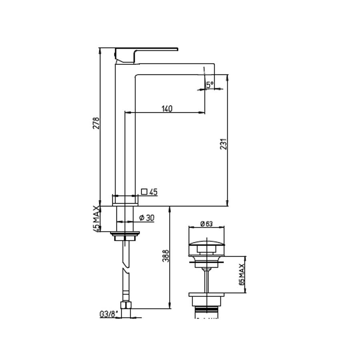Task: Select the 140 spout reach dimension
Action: [x=167, y=108]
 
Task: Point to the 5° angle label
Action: [x=210, y=85]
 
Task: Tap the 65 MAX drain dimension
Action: [x=242, y=274]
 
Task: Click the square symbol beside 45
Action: [x=144, y=192]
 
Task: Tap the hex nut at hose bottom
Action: [x=128, y=306]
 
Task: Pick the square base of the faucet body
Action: [x=125, y=200]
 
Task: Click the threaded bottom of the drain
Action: [x=208, y=310]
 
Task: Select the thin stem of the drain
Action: [x=207, y=280]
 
